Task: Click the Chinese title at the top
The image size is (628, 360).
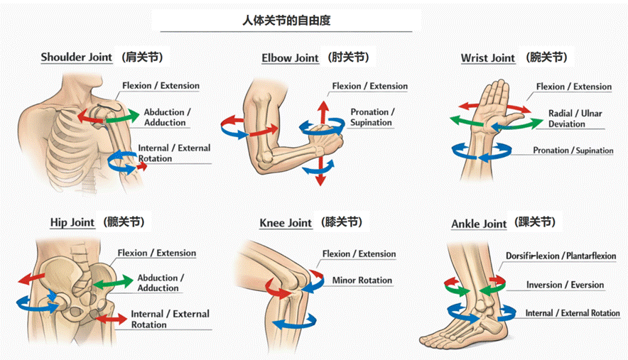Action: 286,21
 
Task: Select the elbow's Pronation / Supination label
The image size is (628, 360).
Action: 372,117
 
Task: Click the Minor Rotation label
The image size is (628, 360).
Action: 362,280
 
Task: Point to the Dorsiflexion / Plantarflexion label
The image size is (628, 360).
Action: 566,256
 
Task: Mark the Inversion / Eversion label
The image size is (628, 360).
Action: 565,285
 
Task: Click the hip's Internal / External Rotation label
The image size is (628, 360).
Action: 170,319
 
